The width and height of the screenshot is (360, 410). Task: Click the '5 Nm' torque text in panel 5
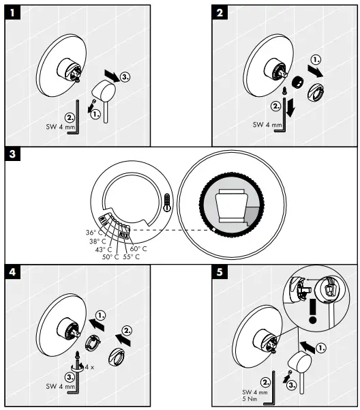pos(254,400)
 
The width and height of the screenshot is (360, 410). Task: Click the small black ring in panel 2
pos(298,82)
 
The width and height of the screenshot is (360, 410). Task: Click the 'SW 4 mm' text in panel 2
pos(266,125)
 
